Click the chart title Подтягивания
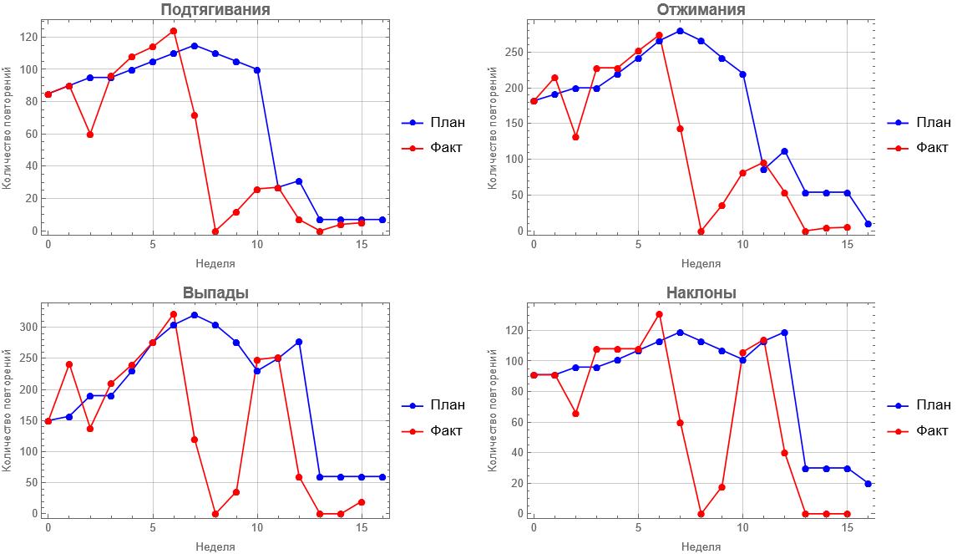click(x=215, y=10)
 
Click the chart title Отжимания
click(x=701, y=10)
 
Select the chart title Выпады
click(x=215, y=292)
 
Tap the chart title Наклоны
click(x=701, y=292)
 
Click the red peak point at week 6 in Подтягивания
click(x=174, y=31)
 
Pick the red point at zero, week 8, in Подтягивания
click(x=215, y=231)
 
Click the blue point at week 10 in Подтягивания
click(x=257, y=70)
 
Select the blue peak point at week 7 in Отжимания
click(x=680, y=31)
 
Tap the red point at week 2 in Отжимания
click(x=575, y=137)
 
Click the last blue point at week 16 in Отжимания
click(x=868, y=224)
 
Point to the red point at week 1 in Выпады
click(x=69, y=364)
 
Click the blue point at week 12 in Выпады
click(x=299, y=342)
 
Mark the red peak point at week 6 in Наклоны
click(x=659, y=314)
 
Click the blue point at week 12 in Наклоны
click(x=784, y=333)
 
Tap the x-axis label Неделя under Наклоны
click(x=701, y=546)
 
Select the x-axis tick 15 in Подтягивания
click(x=362, y=246)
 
